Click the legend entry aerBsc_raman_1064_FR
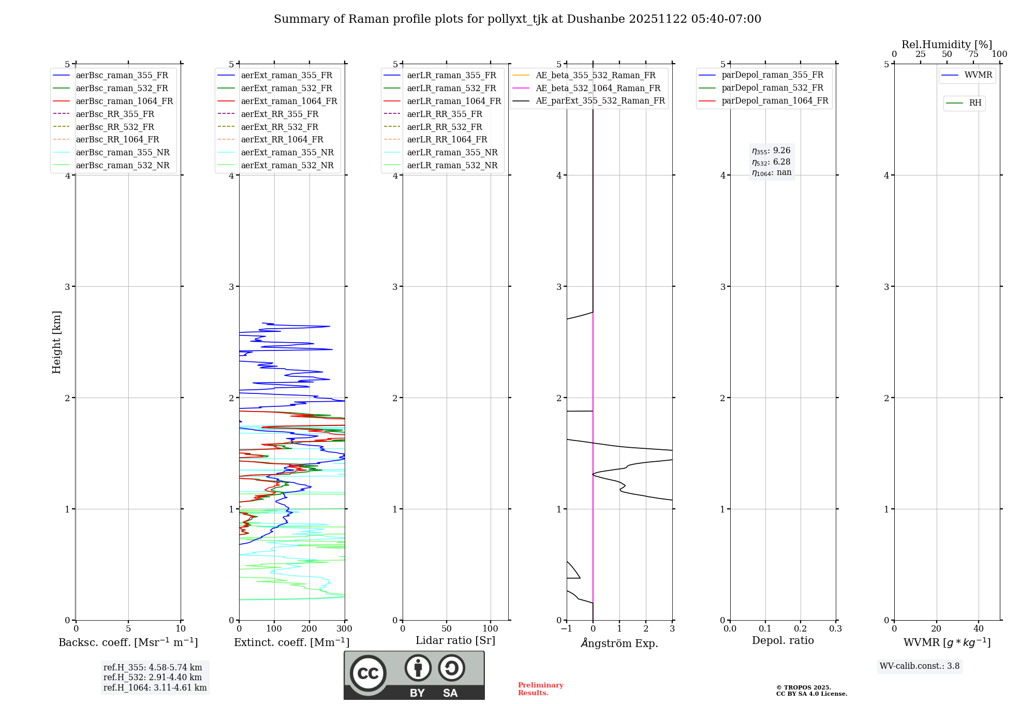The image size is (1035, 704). (124, 101)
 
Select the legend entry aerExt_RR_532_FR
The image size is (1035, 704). (279, 127)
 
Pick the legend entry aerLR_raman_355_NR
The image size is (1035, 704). (452, 152)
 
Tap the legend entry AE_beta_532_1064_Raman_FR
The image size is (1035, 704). (598, 88)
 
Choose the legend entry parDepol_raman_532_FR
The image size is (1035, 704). (772, 88)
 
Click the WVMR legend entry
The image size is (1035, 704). (978, 75)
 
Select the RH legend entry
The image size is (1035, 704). (975, 103)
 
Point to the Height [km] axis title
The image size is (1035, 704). (56, 342)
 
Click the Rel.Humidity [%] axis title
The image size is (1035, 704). (947, 45)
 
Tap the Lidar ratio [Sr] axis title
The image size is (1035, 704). (455, 640)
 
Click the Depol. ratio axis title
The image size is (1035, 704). (782, 640)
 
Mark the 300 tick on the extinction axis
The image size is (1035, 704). (345, 629)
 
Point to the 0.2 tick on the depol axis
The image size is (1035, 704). (801, 629)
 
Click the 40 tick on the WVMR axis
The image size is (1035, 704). (978, 629)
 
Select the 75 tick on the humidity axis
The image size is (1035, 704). (973, 54)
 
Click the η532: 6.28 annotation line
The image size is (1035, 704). (771, 162)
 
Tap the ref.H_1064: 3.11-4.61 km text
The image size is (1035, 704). (155, 687)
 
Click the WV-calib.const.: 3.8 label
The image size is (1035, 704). (919, 666)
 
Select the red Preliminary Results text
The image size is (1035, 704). (540, 689)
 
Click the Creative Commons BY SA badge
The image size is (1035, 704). (414, 675)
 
